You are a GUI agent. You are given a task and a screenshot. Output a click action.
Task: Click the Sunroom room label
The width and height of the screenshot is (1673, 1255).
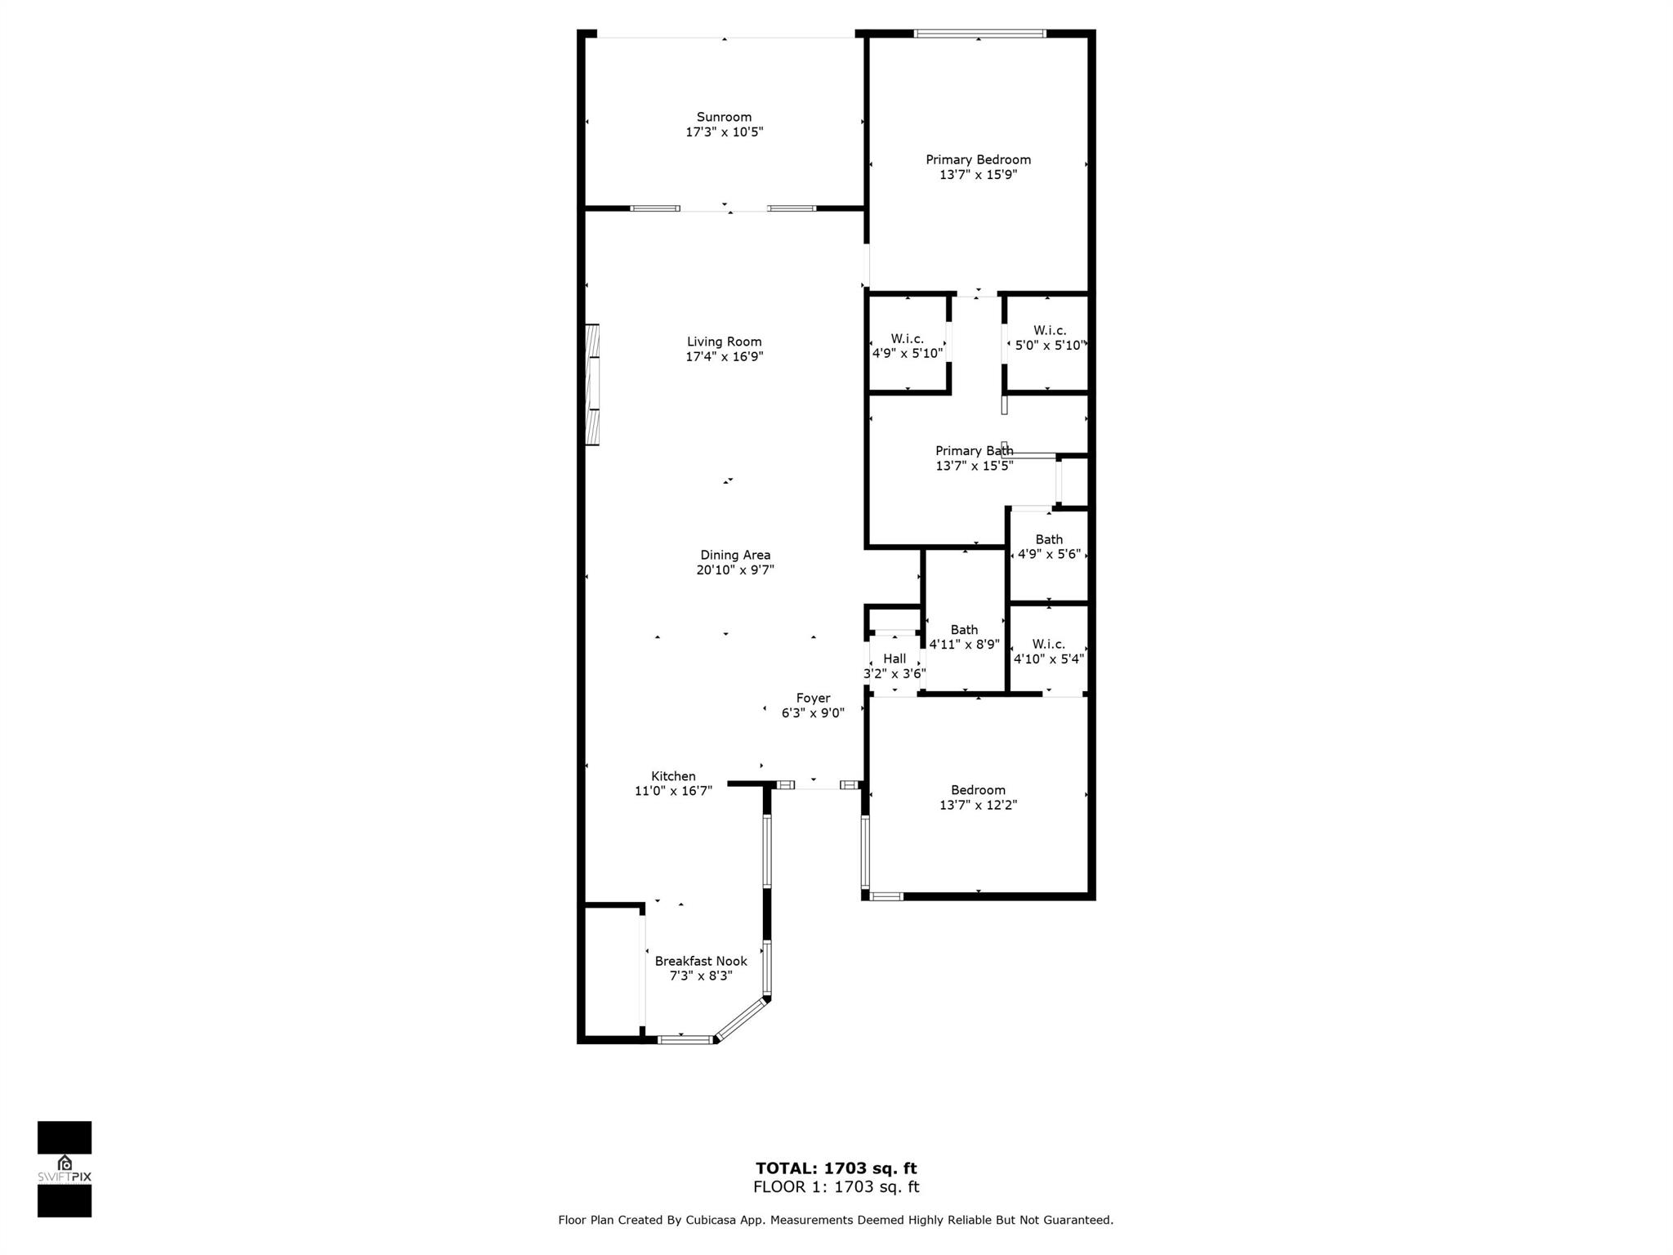[724, 117]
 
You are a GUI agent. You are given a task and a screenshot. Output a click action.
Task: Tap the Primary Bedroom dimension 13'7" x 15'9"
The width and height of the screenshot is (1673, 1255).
[978, 175]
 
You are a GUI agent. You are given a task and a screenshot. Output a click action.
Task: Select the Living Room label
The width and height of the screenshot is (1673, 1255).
[724, 342]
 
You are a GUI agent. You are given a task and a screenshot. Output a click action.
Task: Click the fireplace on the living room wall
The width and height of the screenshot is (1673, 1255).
[592, 385]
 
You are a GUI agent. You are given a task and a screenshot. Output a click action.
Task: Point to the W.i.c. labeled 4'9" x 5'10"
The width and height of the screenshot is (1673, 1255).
[907, 346]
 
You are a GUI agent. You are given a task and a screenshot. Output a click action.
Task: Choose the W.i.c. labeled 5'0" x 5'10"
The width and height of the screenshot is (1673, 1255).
[1049, 337]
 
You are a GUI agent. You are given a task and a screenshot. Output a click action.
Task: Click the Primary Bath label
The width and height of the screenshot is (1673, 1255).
[974, 451]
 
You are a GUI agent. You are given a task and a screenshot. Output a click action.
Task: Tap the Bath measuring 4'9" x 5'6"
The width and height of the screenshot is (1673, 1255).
[1049, 547]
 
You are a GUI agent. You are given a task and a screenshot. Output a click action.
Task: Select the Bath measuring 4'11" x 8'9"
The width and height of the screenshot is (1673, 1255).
[964, 636]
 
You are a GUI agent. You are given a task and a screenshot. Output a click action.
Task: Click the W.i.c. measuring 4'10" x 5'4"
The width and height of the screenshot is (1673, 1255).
[1048, 651]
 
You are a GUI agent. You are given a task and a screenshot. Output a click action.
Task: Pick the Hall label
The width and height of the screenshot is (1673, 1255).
[894, 659]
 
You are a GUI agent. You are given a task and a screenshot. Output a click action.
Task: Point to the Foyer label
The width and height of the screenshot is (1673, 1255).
[813, 698]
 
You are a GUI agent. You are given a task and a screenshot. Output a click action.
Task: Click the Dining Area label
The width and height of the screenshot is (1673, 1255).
[735, 555]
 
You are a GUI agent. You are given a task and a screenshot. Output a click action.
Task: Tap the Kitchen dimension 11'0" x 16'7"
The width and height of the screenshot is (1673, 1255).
[673, 791]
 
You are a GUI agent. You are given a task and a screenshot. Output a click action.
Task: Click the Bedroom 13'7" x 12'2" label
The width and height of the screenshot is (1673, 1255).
[978, 797]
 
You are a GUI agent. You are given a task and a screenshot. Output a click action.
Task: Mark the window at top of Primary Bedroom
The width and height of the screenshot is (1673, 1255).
[979, 33]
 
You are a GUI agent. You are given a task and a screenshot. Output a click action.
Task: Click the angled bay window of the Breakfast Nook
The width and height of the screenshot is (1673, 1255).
[742, 1018]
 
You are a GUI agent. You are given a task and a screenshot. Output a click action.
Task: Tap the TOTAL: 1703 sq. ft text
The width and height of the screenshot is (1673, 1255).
[836, 1168]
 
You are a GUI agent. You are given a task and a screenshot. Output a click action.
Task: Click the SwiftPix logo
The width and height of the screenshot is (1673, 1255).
[65, 1169]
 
